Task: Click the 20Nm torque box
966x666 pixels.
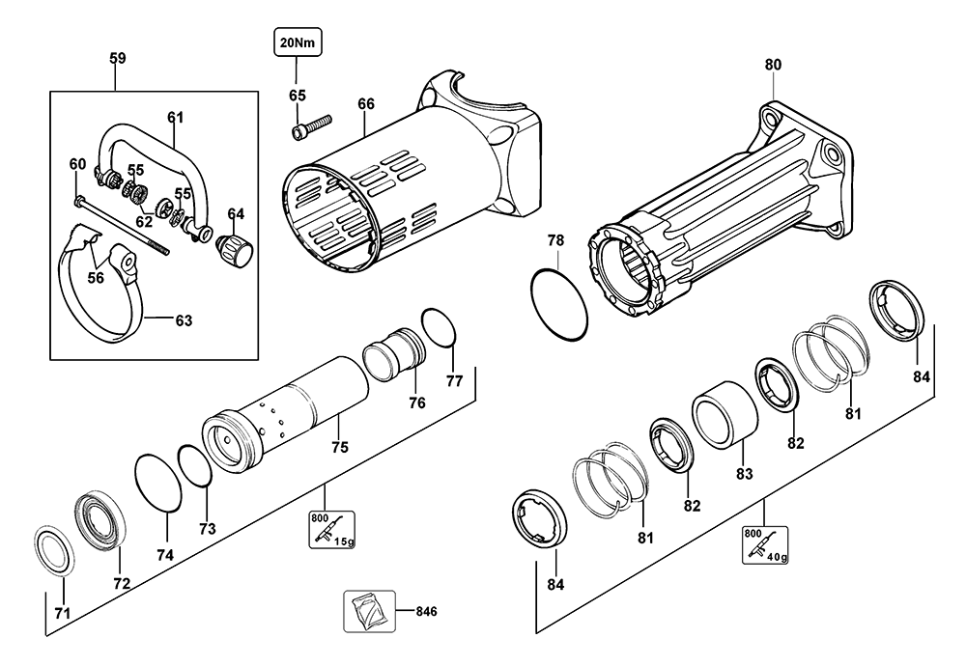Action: [298, 43]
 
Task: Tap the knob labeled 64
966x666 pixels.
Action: [234, 250]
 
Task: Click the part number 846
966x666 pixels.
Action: [426, 611]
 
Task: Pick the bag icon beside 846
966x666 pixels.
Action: [369, 611]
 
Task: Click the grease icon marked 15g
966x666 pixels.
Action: [331, 529]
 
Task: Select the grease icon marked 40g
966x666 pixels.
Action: [765, 544]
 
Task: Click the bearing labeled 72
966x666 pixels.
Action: [101, 522]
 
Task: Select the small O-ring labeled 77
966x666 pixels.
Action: [440, 328]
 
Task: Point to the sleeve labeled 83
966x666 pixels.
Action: [724, 415]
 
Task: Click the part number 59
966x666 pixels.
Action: [118, 58]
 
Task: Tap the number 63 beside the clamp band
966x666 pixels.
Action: [184, 320]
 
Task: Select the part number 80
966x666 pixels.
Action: [773, 65]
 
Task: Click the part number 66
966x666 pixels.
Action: [366, 104]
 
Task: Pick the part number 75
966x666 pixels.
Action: [339, 447]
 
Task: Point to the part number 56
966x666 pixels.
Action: [96, 278]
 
